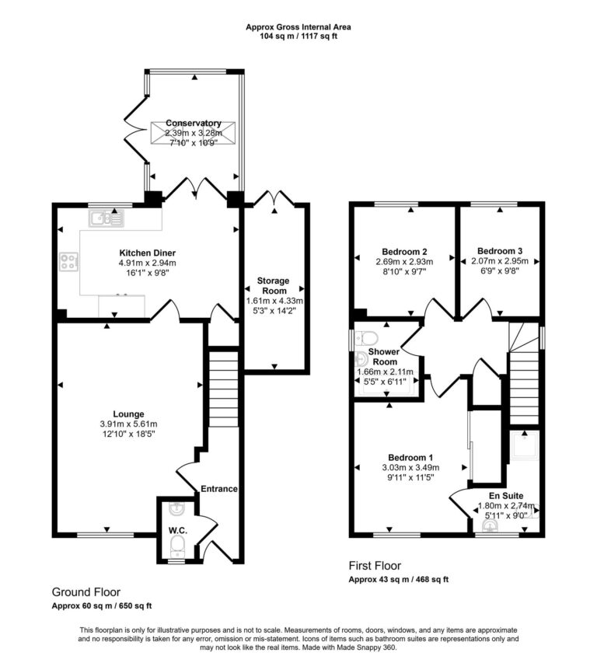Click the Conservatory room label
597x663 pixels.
tap(193, 123)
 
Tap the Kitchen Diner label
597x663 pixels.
tap(147, 253)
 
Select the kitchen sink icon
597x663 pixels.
tap(105, 219)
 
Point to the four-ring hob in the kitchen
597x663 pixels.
tap(67, 263)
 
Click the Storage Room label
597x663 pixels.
tap(274, 285)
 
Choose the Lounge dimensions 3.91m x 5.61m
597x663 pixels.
tap(128, 424)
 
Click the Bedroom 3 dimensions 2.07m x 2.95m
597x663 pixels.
tap(500, 262)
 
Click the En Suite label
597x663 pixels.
tap(505, 494)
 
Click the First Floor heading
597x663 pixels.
tap(375, 566)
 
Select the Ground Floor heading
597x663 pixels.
tap(86, 591)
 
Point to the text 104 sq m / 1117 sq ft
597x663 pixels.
tap(298, 36)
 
